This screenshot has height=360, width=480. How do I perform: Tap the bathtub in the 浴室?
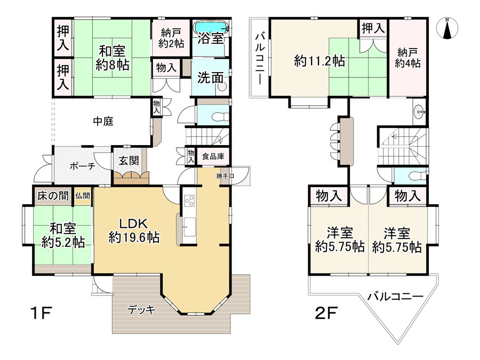tap(211, 27)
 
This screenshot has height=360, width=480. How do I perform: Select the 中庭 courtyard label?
tap(103, 121)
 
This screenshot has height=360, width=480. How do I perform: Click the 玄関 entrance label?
tap(129, 161)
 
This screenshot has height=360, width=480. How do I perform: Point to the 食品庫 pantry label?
tap(213, 156)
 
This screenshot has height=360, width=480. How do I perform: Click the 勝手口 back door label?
tap(225, 176)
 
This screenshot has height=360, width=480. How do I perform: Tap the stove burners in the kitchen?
tap(189, 201)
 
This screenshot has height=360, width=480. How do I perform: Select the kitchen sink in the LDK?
tap(189, 227)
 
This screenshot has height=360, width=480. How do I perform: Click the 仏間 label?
tap(83, 196)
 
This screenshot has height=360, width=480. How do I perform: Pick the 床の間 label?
tap(53, 196)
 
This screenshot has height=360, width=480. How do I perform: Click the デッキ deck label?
tap(141, 310)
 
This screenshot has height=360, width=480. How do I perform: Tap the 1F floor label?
tap(41, 313)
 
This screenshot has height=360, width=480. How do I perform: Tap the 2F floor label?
tap(326, 313)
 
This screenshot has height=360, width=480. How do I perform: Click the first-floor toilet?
tap(220, 117)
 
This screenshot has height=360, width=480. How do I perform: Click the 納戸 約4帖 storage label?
tap(408, 58)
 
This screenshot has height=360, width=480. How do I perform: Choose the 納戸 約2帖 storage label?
tap(171, 38)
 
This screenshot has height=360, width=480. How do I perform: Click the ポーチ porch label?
tap(82, 166)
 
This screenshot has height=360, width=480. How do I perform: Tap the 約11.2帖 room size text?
tap(319, 61)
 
